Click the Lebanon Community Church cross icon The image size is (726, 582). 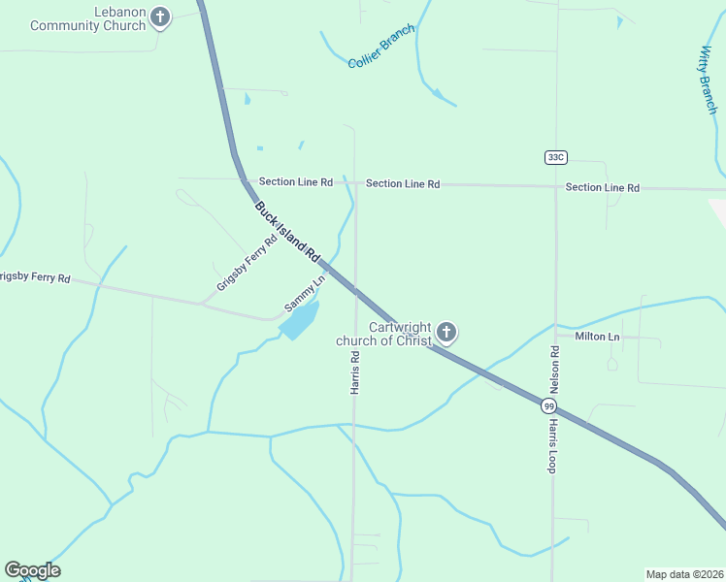pyautogui.click(x=161, y=17)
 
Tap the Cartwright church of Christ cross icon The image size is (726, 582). pyautogui.click(x=446, y=334)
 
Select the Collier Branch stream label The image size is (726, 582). pyautogui.click(x=381, y=47)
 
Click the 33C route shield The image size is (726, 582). pyautogui.click(x=555, y=157)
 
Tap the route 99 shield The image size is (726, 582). pyautogui.click(x=549, y=406)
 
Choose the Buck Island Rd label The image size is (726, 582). pyautogui.click(x=287, y=232)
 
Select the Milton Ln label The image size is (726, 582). pyautogui.click(x=597, y=337)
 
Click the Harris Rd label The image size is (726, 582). pyautogui.click(x=355, y=372)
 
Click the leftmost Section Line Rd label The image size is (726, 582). pyautogui.click(x=296, y=182)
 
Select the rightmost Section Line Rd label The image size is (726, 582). pyautogui.click(x=602, y=187)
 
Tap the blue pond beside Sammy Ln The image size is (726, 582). pyautogui.click(x=300, y=319)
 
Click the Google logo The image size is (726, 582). pyautogui.click(x=32, y=570)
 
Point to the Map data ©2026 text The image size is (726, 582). pyautogui.click(x=685, y=574)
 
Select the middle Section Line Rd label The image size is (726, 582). pyautogui.click(x=403, y=183)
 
